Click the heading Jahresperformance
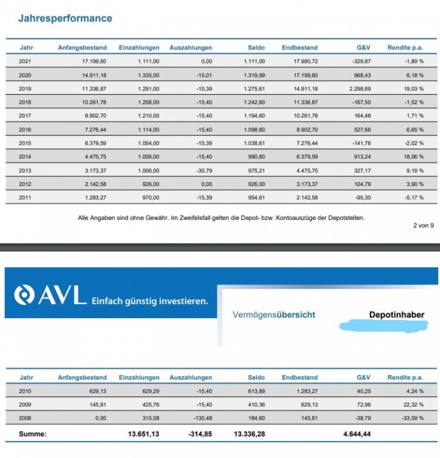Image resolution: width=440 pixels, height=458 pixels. pos(65,18)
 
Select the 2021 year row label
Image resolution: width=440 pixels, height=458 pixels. pos(26,61)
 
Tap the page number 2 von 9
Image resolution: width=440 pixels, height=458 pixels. pos(423,226)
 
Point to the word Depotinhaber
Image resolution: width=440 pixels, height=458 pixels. pos(396,315)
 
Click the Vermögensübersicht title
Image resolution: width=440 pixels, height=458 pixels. pos(274,315)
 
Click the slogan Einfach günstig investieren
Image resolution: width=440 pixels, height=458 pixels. pos(150,300)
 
